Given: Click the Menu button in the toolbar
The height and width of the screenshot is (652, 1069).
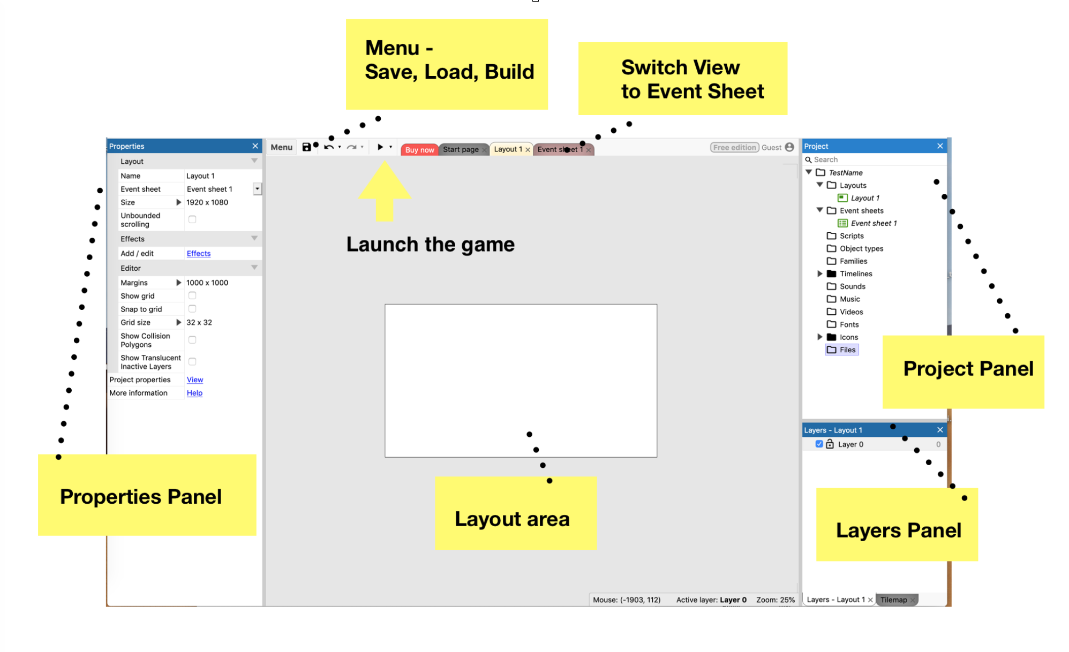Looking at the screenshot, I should coord(281,147).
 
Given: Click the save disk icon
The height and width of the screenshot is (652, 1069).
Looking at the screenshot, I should coord(306,147).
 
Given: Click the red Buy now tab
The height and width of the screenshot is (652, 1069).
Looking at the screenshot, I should coord(419,150).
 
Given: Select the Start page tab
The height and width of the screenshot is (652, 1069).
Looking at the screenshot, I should coord(461,149).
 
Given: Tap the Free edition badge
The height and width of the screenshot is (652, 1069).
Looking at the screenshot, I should coord(734,147).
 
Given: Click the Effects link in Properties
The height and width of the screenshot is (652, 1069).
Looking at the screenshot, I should coord(198,253).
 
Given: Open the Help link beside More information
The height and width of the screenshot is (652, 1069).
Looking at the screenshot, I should coord(194,393).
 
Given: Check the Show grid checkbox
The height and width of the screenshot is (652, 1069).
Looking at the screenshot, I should coord(192,295).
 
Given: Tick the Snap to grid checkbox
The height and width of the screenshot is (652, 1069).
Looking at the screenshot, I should coord(192,309).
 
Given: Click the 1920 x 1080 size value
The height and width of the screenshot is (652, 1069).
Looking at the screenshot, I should coord(207,202).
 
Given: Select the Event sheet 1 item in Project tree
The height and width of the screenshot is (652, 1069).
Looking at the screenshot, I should coord(873,223).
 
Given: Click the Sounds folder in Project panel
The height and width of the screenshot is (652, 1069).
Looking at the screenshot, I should coord(852,286).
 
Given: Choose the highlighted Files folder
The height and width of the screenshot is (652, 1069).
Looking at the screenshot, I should coord(847,350).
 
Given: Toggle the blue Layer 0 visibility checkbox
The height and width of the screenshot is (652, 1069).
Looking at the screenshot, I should coord(819,444).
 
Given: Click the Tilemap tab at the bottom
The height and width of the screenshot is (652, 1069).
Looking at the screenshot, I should coord(893,600).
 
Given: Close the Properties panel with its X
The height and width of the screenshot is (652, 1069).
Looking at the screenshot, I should coord(255,146).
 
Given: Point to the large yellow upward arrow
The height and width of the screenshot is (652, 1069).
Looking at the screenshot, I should coord(385,193).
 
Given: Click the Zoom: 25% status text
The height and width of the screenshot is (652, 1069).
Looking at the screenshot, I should coord(775,600).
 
